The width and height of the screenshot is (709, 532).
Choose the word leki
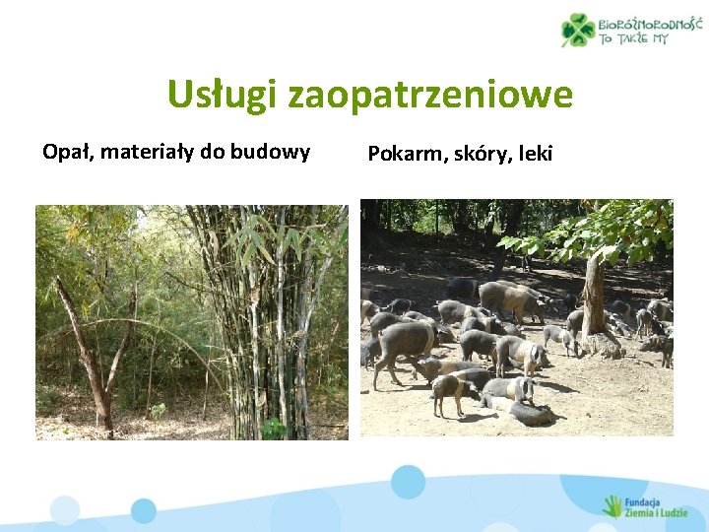click(536, 153)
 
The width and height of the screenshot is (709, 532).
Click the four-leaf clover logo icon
click(578, 30)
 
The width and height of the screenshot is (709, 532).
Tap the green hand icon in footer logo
click(612, 505)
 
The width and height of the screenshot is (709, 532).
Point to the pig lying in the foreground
click(517, 409)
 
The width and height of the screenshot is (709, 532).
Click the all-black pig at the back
click(460, 287)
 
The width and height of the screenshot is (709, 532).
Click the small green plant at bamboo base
click(273, 427)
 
